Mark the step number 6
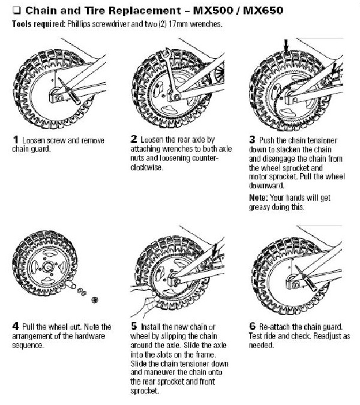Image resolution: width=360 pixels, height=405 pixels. (x=251, y=327)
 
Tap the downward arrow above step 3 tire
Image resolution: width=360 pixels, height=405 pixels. (x=287, y=44)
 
